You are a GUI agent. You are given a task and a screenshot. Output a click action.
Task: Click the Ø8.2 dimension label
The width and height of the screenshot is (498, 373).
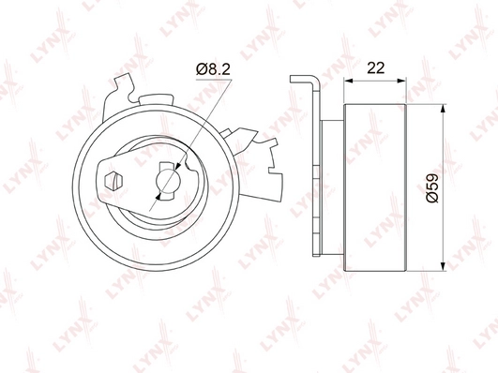pos(213,69)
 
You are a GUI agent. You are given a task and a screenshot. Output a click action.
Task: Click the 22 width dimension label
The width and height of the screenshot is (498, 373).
pos(375,67)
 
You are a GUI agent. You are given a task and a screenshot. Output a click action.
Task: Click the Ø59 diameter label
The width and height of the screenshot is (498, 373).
pos(432,188)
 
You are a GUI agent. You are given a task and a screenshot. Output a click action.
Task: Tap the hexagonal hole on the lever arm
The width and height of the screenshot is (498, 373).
pos(113,182)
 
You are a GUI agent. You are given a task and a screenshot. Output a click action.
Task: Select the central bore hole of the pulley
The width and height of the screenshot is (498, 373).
pos(168,181)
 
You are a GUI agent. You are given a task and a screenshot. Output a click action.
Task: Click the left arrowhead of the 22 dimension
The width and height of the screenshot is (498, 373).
pos(349,81)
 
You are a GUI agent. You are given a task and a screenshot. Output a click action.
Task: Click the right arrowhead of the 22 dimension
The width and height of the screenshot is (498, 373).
pos(401,81)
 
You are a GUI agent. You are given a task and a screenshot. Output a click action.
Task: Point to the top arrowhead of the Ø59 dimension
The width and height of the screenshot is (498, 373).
pos(443,109)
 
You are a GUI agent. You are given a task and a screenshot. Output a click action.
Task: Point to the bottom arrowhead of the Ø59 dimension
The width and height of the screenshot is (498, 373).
pos(443,267)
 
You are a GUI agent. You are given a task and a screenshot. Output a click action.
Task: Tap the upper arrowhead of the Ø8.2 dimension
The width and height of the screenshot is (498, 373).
pos(178,166)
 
